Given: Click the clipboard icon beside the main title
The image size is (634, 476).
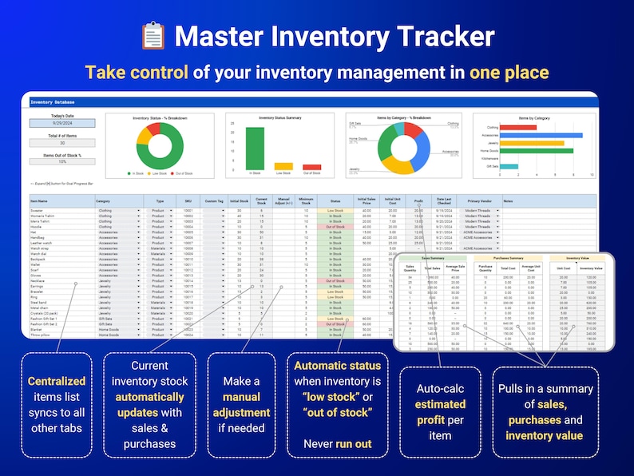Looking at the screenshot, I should coord(153,36).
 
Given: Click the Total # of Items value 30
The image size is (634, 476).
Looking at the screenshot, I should coord(62,143).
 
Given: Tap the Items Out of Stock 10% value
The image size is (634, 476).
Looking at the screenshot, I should coord(62,161).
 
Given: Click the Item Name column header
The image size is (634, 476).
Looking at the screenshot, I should coord(40,200).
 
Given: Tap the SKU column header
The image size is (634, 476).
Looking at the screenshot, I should coord(188,200).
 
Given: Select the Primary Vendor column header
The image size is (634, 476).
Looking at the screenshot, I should coord(479,200).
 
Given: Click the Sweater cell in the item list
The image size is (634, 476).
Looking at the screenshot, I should coord(37,210).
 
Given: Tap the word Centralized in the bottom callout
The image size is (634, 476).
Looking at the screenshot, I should coord(57,382).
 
